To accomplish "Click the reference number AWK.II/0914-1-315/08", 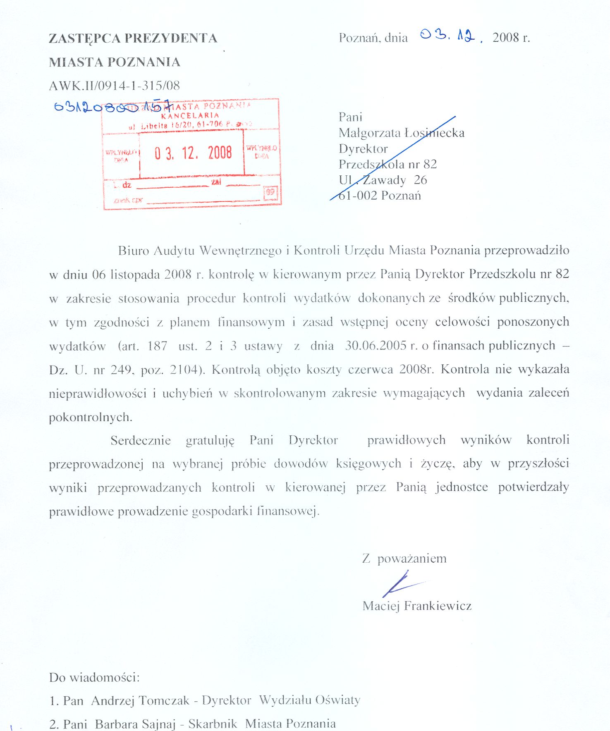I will coord(114,86).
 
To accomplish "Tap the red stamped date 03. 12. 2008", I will coord(193,153).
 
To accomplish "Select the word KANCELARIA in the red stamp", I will coord(190,115).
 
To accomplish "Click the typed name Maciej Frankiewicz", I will coord(417,606).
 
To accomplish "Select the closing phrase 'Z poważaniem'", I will coord(404,559).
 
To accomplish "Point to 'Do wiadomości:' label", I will coord(94,678).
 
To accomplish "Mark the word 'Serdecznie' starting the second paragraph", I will coord(141,440).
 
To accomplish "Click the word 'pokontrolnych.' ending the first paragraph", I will coord(91,417).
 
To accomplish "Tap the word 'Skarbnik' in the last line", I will coord(213,724).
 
